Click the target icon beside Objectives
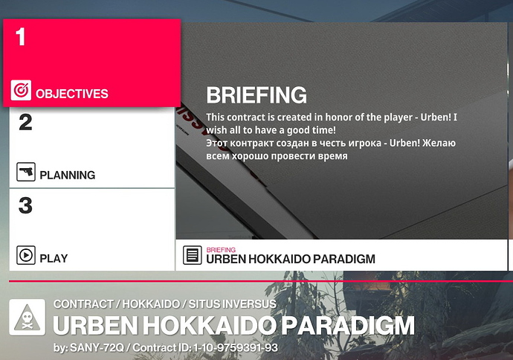pyautogui.click(x=21, y=90)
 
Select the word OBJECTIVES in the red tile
pyautogui.click(x=72, y=94)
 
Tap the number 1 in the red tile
pyautogui.click(x=21, y=36)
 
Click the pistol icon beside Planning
pyautogui.click(x=26, y=172)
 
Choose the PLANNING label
pyautogui.click(x=68, y=175)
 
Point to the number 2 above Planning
pyautogui.click(x=25, y=123)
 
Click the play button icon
pyautogui.click(x=26, y=255)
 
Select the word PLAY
pyautogui.click(x=54, y=259)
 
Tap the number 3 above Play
pyautogui.click(x=25, y=205)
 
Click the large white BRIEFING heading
pyautogui.click(x=256, y=95)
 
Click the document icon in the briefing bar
pyautogui.click(x=192, y=255)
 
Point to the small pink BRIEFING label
pyautogui.click(x=221, y=250)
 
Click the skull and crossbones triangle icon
pyautogui.click(x=28, y=318)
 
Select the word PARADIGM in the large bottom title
pyautogui.click(x=348, y=326)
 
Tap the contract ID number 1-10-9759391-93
pyautogui.click(x=236, y=347)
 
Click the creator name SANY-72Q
pyautogui.click(x=97, y=347)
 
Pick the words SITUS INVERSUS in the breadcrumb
pyautogui.click(x=232, y=304)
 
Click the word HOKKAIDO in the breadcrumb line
pyautogui.click(x=151, y=304)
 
